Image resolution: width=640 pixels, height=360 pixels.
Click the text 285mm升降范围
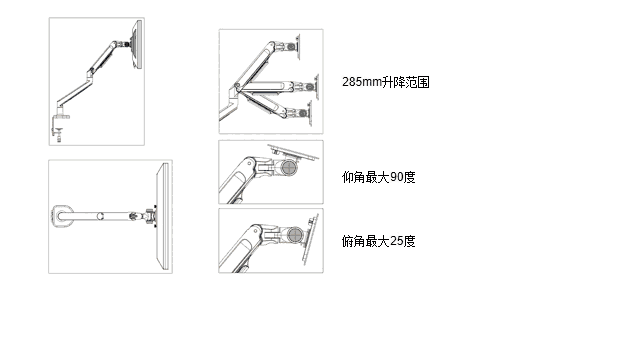point(386,82)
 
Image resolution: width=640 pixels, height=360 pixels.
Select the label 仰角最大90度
point(378,177)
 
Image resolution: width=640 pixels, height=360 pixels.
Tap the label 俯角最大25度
point(378,241)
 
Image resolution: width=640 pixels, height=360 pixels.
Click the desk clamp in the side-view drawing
point(59,127)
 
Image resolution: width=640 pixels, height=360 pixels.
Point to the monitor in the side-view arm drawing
point(138,45)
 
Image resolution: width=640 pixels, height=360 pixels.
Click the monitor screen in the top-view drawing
point(163,216)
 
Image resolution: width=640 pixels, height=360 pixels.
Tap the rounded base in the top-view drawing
point(62,216)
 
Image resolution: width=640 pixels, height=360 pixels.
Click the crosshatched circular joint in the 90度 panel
point(289,167)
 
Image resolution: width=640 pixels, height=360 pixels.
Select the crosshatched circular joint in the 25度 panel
point(294,235)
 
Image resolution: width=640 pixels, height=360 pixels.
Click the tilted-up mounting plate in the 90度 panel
point(293,152)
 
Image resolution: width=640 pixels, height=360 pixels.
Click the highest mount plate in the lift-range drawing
point(298,47)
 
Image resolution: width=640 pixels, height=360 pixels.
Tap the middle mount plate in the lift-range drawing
point(316,87)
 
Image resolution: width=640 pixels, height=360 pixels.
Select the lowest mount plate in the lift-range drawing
point(309,113)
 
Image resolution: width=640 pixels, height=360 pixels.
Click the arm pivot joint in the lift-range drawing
point(237,86)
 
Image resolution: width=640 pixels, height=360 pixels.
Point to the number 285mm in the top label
point(362,82)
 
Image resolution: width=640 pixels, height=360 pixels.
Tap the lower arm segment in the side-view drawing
point(74,93)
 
